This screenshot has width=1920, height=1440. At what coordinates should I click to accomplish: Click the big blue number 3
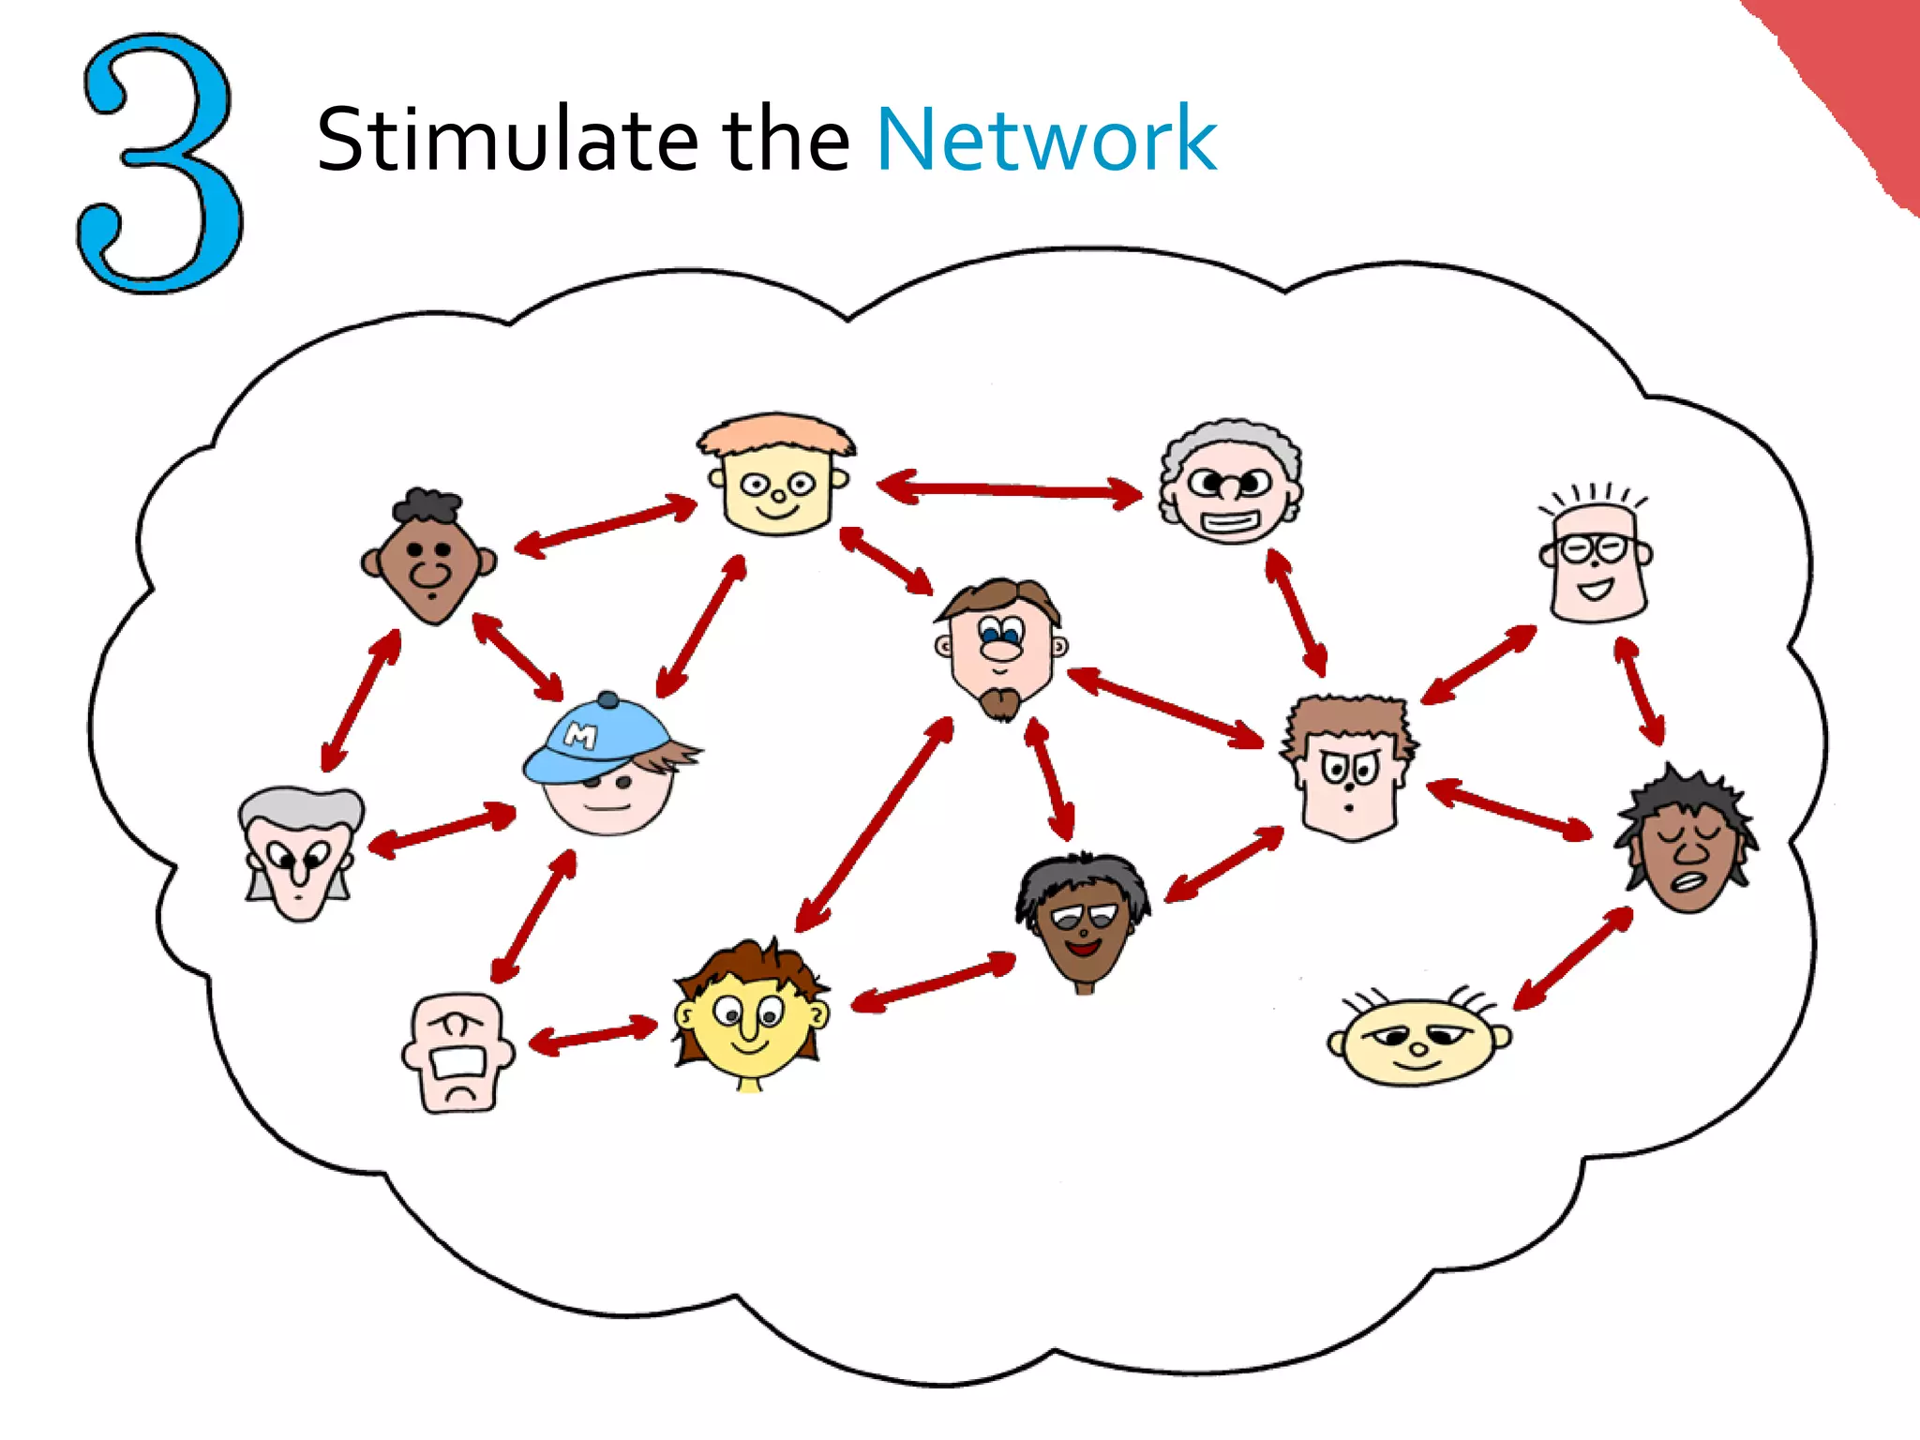pos(159,164)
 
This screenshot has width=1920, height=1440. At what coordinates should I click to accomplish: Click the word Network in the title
pos(1045,141)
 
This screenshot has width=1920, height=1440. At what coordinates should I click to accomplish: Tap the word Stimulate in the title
pos(507,141)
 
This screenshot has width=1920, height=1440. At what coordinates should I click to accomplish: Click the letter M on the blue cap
pos(581,736)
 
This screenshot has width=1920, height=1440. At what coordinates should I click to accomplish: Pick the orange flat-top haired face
pos(776,478)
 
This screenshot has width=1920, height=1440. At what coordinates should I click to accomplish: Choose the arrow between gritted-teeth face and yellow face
pos(593,1036)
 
